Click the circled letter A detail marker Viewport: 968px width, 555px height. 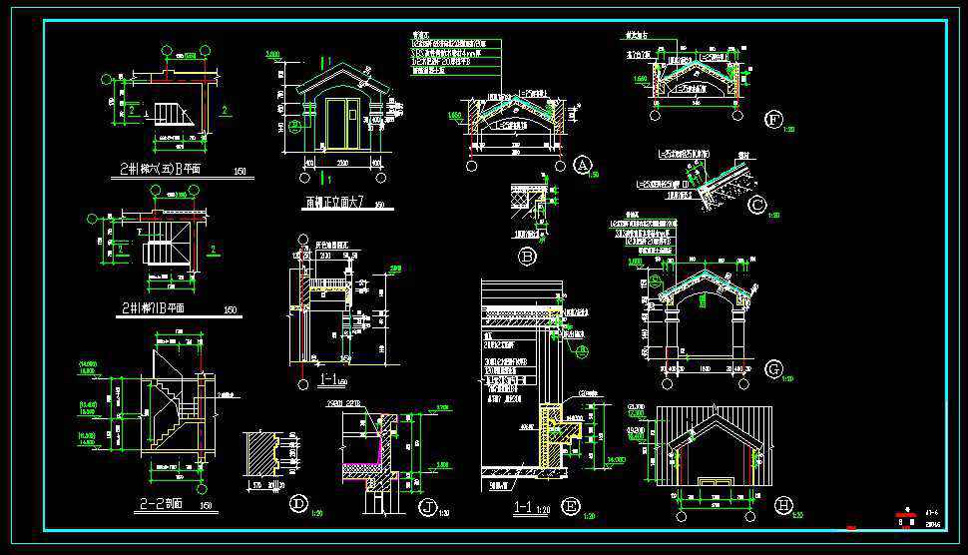click(584, 165)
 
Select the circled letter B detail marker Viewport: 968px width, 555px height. click(528, 257)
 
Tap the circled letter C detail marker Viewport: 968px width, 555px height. click(758, 207)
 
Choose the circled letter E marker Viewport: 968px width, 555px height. click(572, 505)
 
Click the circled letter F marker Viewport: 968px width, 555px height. click(773, 120)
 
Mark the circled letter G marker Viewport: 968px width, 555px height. click(773, 370)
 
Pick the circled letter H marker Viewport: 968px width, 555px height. click(782, 504)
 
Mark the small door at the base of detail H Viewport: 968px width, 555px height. click(715, 482)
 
